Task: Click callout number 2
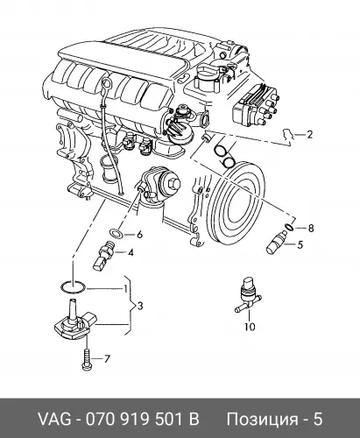(309, 135)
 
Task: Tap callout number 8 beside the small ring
(310, 228)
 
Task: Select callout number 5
(300, 244)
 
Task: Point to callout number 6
(139, 234)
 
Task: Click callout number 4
(131, 252)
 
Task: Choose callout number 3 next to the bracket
(140, 306)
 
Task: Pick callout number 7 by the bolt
(107, 358)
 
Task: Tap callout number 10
(251, 327)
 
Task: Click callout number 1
(125, 289)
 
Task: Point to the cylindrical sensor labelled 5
(276, 242)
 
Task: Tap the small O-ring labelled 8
(289, 227)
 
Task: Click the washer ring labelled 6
(116, 233)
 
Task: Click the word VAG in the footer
(55, 420)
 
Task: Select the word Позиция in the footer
(264, 420)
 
